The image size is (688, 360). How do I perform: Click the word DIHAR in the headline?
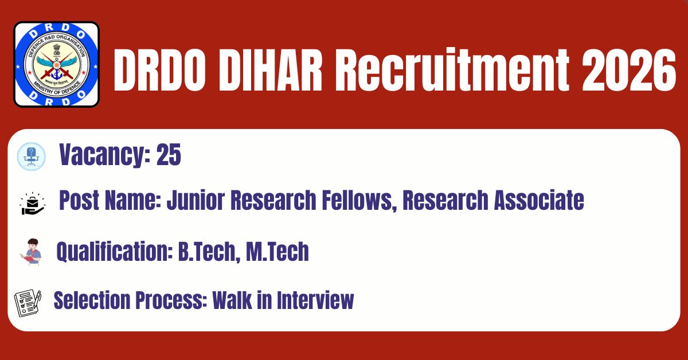pyautogui.click(x=270, y=71)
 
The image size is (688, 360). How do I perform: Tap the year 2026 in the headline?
pyautogui.click(x=628, y=71)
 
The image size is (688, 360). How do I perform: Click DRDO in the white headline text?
pyautogui.click(x=159, y=71)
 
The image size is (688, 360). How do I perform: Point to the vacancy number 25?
pyautogui.click(x=169, y=155)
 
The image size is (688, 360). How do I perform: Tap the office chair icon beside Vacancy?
pyautogui.click(x=32, y=156)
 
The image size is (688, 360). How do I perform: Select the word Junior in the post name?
pyautogui.click(x=196, y=200)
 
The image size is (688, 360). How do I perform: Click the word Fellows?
pyautogui.click(x=359, y=201)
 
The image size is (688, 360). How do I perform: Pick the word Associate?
pyautogui.click(x=539, y=200)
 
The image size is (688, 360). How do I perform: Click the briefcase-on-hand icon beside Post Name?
pyautogui.click(x=33, y=204)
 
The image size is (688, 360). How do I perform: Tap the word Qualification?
pyautogui.click(x=115, y=252)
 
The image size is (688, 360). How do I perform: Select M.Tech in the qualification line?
pyautogui.click(x=277, y=251)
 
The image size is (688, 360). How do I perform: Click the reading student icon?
pyautogui.click(x=31, y=252)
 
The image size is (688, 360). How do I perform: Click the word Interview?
pyautogui.click(x=315, y=300)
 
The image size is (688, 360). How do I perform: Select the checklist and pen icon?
pyautogui.click(x=28, y=303)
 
